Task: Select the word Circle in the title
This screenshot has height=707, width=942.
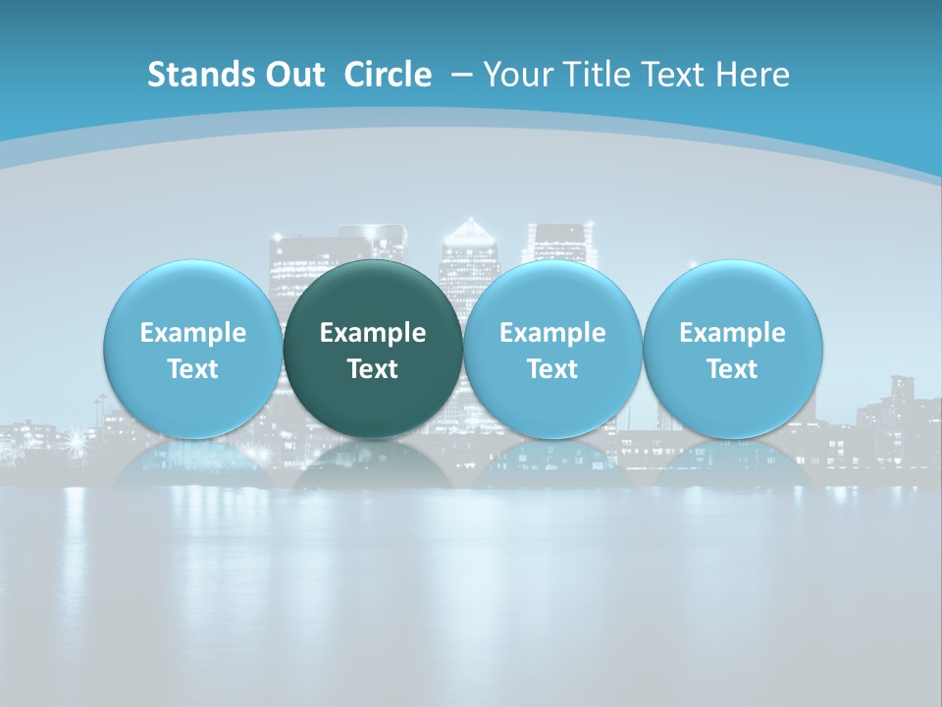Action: [x=388, y=75]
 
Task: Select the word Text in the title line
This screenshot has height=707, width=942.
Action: [x=676, y=75]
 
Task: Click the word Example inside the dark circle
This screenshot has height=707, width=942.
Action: [x=373, y=333]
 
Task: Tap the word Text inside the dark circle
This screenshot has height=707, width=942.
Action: [x=373, y=369]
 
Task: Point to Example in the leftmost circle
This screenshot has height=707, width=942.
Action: [x=192, y=333]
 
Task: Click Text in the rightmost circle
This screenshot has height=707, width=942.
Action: [x=732, y=369]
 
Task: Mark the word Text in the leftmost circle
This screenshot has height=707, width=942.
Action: [x=192, y=369]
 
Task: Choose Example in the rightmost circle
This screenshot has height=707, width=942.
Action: [x=732, y=333]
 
